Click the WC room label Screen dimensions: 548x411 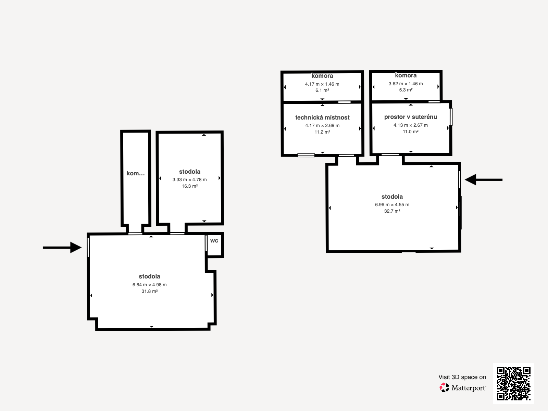[214, 241]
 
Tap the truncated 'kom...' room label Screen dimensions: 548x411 [136, 173]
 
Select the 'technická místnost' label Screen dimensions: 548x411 [322, 117]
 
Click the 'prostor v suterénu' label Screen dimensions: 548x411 [410, 117]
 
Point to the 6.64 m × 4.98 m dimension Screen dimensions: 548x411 [150, 285]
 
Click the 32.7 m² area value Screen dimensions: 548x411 [392, 211]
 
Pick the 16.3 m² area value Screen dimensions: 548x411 [190, 186]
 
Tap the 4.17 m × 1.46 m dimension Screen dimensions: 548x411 [322, 84]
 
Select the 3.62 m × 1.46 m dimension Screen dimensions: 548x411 [406, 84]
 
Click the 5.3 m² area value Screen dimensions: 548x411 [406, 90]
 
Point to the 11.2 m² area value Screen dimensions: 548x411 [322, 132]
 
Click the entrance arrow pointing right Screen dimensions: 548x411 [62, 248]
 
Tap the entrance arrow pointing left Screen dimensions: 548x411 [484, 180]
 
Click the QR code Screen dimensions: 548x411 [513, 384]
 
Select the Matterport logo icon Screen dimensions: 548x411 [444, 388]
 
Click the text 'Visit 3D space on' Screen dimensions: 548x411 [462, 377]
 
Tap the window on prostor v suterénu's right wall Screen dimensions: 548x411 [451, 116]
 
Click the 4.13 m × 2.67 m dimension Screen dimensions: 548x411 [410, 125]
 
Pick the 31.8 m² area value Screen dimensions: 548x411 [150, 291]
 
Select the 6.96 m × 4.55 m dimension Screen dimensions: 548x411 [392, 204]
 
